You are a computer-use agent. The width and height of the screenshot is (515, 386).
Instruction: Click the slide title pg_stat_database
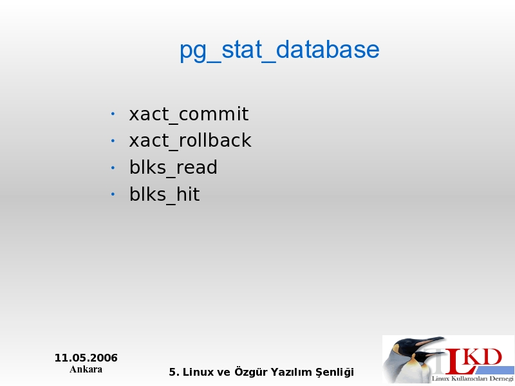pyautogui.click(x=279, y=50)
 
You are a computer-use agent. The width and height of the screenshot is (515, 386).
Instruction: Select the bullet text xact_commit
pyautogui.click(x=189, y=115)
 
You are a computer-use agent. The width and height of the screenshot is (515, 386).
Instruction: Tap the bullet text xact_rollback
pyautogui.click(x=190, y=141)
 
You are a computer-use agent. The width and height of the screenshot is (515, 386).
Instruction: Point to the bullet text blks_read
pyautogui.click(x=173, y=168)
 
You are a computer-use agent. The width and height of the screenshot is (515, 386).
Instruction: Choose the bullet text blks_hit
pyautogui.click(x=165, y=194)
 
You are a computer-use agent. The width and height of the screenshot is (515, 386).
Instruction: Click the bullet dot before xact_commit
pyautogui.click(x=113, y=114)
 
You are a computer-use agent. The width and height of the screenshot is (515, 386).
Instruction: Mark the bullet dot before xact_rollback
pyautogui.click(x=113, y=141)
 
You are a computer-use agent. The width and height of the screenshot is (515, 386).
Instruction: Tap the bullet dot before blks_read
pyautogui.click(x=113, y=168)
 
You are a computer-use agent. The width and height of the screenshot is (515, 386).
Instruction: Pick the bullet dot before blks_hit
pyautogui.click(x=113, y=194)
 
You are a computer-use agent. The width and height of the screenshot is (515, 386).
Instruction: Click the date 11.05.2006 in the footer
pyautogui.click(x=86, y=358)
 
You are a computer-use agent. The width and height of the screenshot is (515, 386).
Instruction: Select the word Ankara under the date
pyautogui.click(x=86, y=369)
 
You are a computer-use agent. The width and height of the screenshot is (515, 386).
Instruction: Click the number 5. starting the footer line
pyautogui.click(x=174, y=372)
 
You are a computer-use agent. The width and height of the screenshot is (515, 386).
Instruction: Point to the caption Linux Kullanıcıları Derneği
pyautogui.click(x=473, y=379)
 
